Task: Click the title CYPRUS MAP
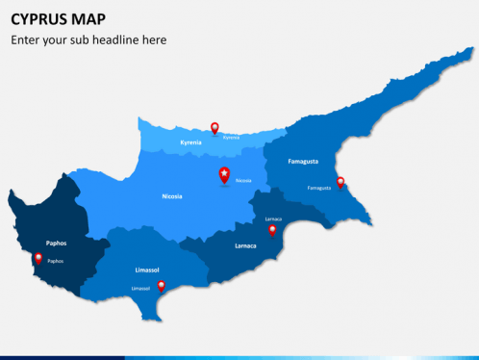59,19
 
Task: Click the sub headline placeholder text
88,40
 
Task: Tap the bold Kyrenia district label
191,142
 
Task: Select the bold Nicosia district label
172,195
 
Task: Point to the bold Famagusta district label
303,161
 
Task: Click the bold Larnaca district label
245,245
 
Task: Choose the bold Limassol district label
147,270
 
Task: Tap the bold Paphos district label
56,244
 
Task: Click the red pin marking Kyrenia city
214,127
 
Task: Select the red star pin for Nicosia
225,174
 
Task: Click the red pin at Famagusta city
340,182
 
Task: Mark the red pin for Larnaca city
272,230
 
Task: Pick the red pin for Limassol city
161,286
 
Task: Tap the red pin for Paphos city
38,258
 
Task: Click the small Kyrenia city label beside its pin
231,137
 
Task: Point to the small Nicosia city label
243,180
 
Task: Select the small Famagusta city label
318,188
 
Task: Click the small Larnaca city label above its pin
273,219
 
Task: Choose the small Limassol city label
140,288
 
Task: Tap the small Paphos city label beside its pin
56,261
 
